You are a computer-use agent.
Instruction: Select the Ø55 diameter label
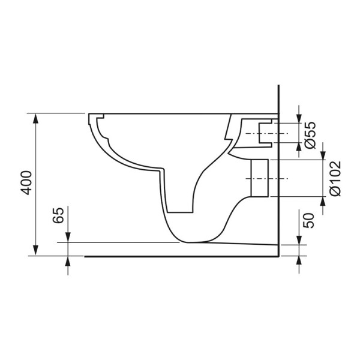click(x=309, y=135)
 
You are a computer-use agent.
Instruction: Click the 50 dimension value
click(x=309, y=220)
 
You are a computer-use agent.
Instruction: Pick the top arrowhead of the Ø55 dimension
click(x=298, y=117)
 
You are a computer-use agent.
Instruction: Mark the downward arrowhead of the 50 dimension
click(x=298, y=240)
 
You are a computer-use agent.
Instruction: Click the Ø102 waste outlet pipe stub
click(x=259, y=179)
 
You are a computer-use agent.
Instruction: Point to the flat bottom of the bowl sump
click(x=180, y=211)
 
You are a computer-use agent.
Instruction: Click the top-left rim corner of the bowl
click(x=89, y=115)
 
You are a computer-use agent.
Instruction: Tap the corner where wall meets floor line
click(x=280, y=256)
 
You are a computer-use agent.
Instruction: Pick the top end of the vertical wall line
click(x=280, y=85)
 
